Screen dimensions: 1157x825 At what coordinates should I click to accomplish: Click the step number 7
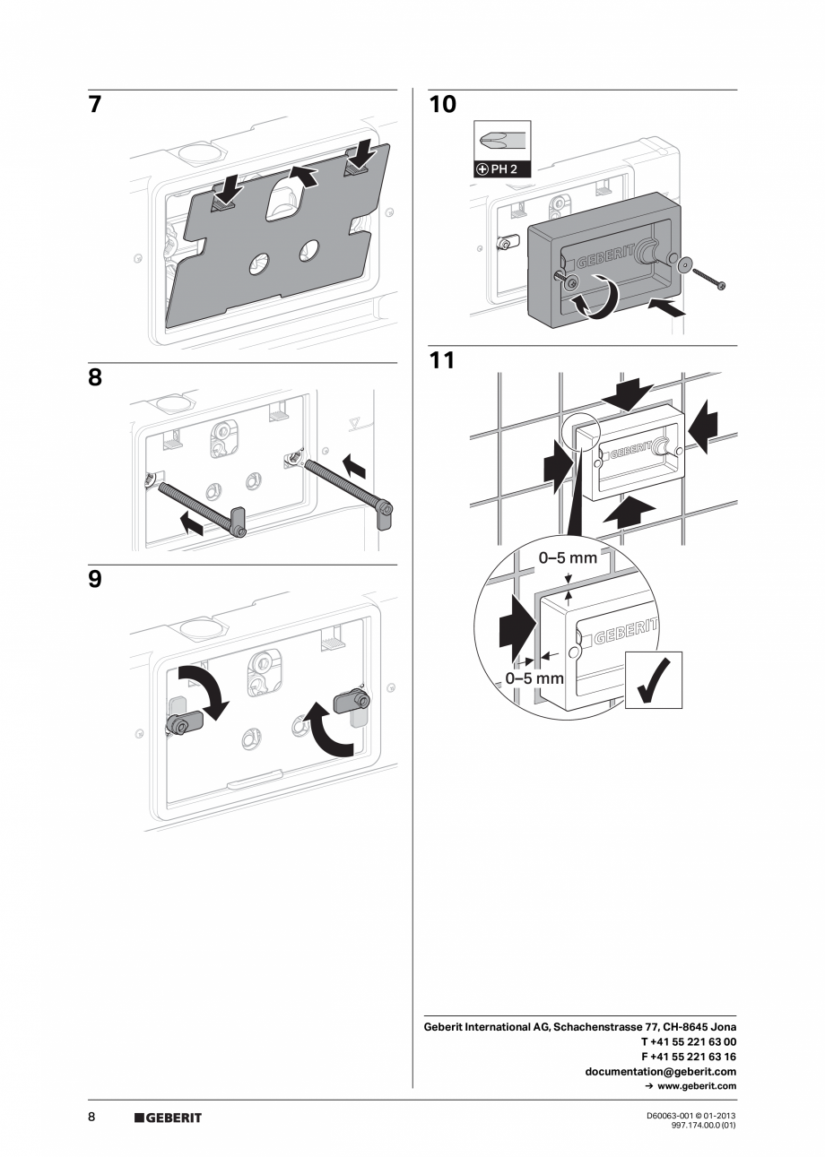(94, 105)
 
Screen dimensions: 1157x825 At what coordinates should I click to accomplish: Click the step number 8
(94, 378)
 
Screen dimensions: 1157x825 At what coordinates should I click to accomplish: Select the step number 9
(94, 579)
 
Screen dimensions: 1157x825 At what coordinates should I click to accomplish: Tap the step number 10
(442, 105)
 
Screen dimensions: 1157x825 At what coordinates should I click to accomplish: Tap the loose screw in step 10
(711, 277)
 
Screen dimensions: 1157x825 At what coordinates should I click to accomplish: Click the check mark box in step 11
(653, 680)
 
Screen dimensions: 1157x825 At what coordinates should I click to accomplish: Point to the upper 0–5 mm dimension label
(567, 557)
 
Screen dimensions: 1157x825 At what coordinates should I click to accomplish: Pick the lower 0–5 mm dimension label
(534, 678)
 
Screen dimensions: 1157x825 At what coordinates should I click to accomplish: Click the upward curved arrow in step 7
(301, 174)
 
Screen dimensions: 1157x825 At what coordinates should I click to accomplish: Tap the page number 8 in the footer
(91, 1117)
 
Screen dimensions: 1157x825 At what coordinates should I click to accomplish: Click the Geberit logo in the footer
(168, 1118)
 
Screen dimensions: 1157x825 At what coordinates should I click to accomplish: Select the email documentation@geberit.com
(660, 1071)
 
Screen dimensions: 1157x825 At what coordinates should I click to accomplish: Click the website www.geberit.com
(690, 1086)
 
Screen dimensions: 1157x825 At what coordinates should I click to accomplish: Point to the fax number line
(688, 1057)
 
